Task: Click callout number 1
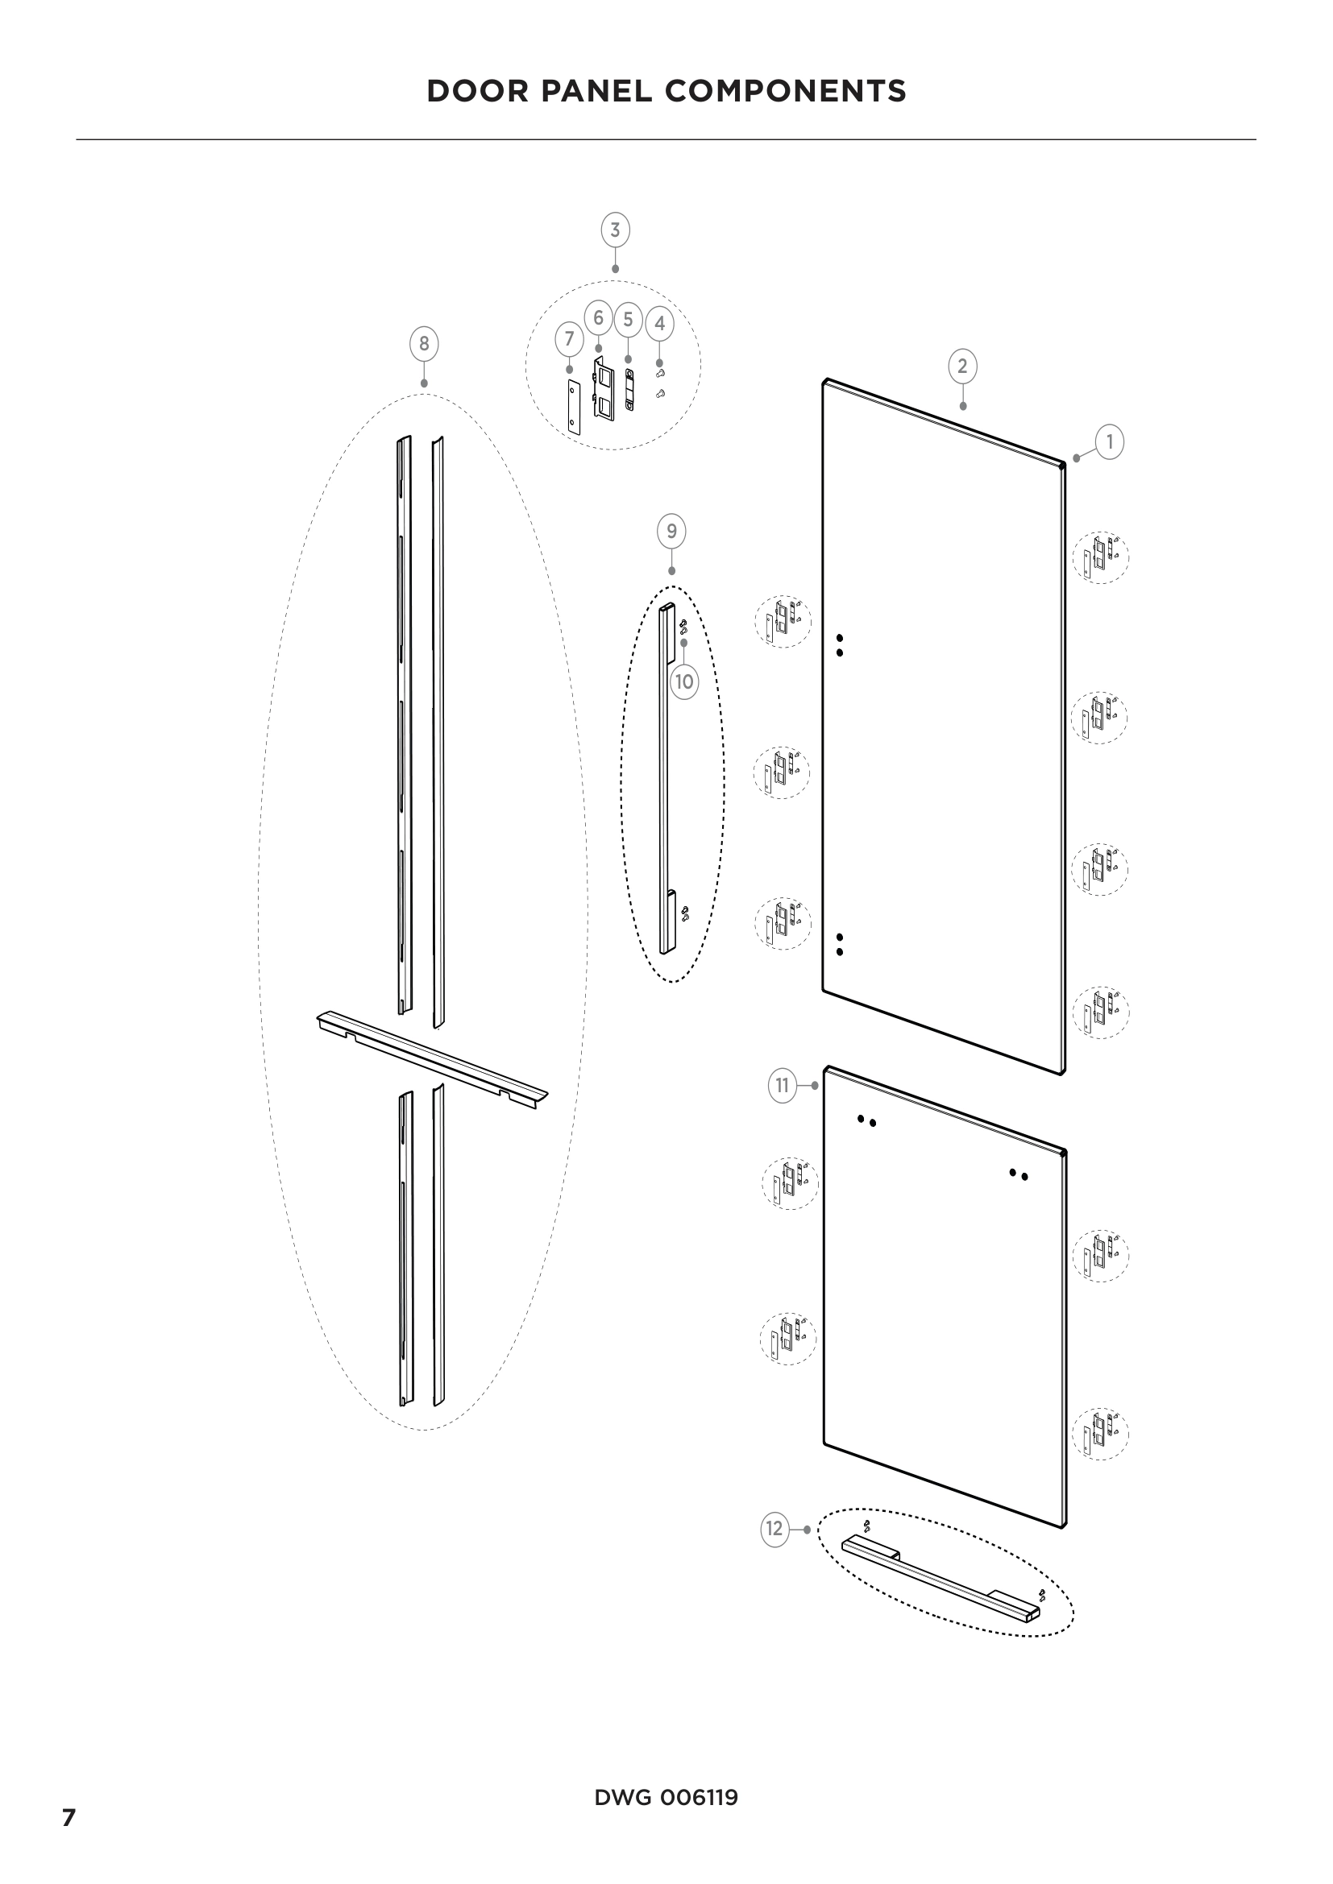[1109, 442]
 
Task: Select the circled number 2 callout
[962, 366]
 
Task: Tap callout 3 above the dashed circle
[616, 230]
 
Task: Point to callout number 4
[659, 323]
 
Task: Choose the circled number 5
[628, 319]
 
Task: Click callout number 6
[598, 317]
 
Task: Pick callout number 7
[569, 338]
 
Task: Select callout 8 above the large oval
[424, 344]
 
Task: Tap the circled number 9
[671, 532]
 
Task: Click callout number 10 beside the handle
[683, 681]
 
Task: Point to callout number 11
[783, 1086]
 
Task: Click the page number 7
[69, 1817]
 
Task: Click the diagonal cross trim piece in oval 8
[433, 1059]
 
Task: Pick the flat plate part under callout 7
[573, 407]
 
